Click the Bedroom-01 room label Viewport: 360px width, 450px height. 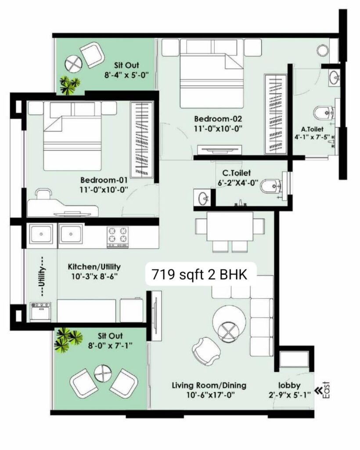[104, 180]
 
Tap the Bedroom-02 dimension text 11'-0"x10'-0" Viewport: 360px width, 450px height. [218, 129]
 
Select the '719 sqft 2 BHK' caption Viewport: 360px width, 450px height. [199, 274]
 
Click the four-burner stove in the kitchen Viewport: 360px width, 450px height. [118, 237]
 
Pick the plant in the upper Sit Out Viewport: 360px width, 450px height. [69, 85]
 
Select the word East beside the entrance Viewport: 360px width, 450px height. [326, 390]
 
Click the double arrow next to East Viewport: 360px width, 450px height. [318, 390]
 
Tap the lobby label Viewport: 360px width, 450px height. [289, 385]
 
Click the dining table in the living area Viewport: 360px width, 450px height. [230, 226]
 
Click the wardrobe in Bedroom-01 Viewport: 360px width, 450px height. [142, 139]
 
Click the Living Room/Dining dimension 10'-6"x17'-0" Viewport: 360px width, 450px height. [211, 395]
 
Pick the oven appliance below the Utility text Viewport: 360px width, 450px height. [41, 312]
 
